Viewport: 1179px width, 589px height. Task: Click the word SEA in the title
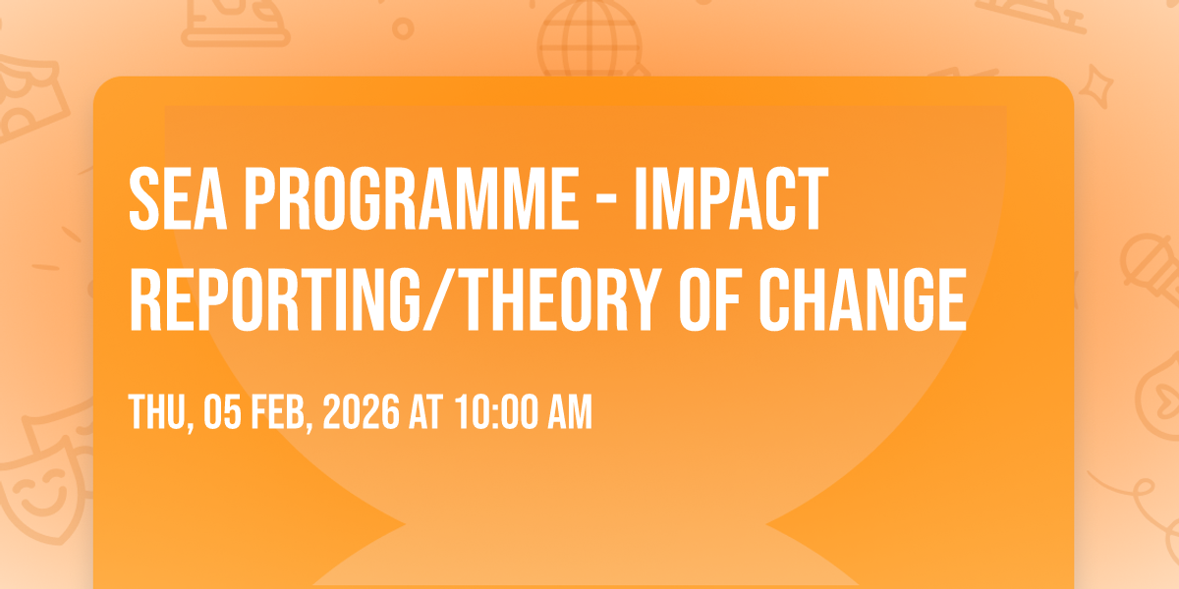pos(179,198)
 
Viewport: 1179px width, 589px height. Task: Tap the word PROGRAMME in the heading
pos(412,198)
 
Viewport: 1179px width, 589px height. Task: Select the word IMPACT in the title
pos(732,198)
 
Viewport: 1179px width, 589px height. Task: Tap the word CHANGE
pos(863,299)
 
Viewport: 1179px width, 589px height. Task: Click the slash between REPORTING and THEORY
pos(441,299)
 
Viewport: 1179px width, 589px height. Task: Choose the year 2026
pos(362,412)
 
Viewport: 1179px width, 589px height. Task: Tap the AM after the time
pos(570,412)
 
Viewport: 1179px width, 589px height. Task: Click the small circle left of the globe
pos(403,28)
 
